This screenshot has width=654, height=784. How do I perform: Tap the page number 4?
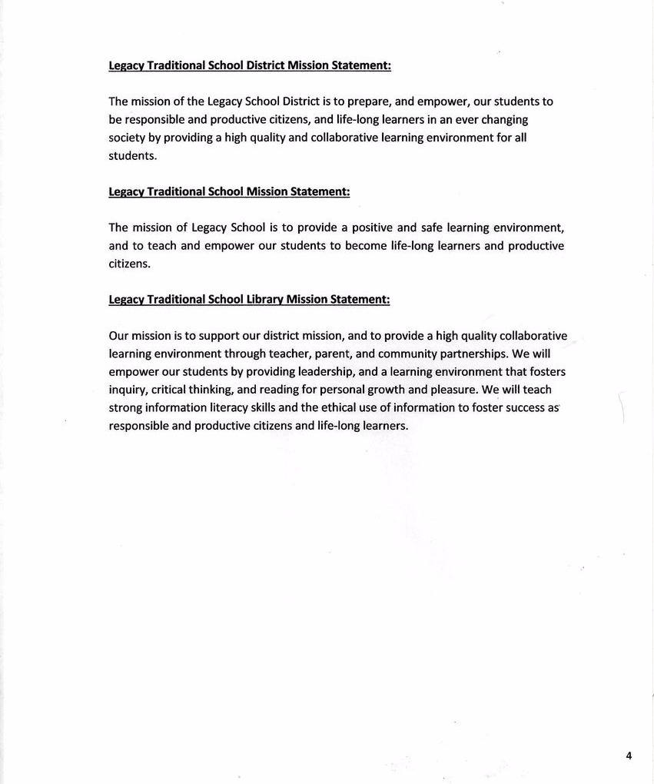coord(629,756)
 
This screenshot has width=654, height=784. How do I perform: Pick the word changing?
coord(503,120)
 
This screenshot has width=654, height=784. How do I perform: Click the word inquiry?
coord(128,390)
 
